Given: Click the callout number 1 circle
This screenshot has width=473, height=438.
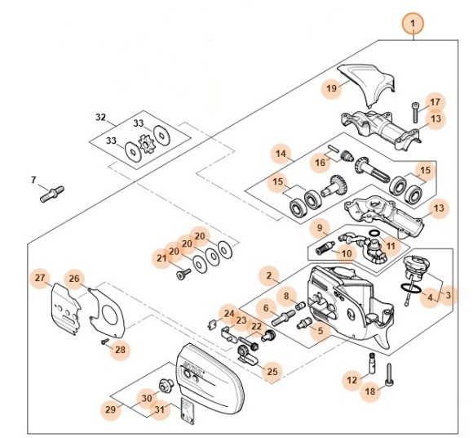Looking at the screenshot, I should [x=413, y=22].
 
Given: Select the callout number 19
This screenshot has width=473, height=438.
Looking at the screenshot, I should [x=331, y=87].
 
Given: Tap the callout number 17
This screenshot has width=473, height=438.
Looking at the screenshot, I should [x=435, y=101].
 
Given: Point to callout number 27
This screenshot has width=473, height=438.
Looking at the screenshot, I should [x=40, y=279].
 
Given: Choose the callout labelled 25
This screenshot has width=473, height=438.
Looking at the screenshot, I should [x=272, y=372].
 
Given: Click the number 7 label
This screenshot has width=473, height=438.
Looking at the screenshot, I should [x=33, y=179].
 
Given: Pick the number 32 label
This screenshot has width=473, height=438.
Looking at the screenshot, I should [x=100, y=118].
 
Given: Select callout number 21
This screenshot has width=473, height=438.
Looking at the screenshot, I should [x=161, y=258].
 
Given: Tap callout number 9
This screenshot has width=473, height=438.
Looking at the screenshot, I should [x=320, y=227].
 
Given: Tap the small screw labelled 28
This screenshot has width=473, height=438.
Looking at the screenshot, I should [x=104, y=341].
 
